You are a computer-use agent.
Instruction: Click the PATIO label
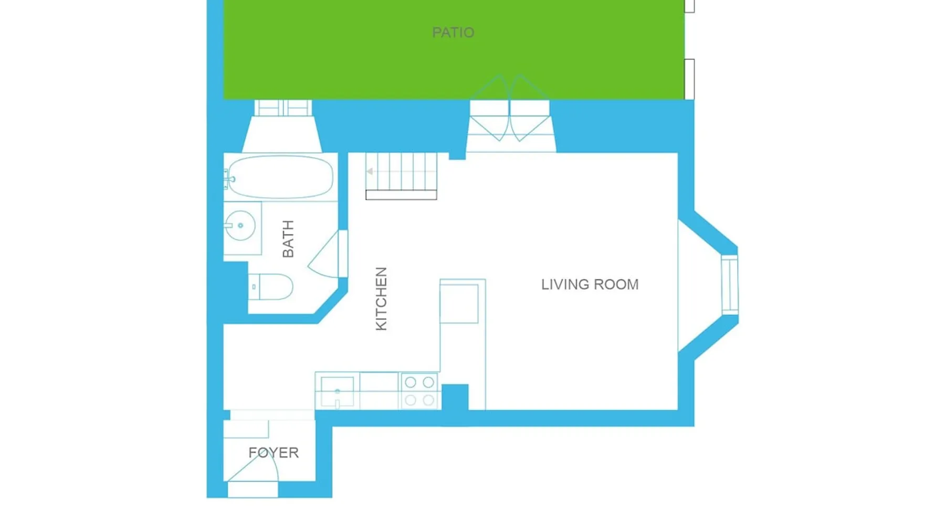point(453,33)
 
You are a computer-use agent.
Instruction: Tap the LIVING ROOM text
point(590,285)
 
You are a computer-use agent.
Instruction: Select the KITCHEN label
point(381,299)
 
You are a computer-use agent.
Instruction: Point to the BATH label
point(288,239)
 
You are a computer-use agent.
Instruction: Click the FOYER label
point(274,453)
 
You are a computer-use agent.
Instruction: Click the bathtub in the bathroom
point(281,176)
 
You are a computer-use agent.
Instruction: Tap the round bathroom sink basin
point(240,225)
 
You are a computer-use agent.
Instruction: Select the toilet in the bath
point(270,287)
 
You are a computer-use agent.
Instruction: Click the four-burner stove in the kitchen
point(419,391)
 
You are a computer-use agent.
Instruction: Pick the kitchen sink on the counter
point(337,392)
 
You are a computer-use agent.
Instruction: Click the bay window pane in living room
point(730,285)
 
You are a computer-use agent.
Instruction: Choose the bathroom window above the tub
point(283,108)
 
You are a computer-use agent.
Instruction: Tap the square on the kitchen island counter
point(459,304)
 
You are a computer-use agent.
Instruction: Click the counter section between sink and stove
point(379,391)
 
